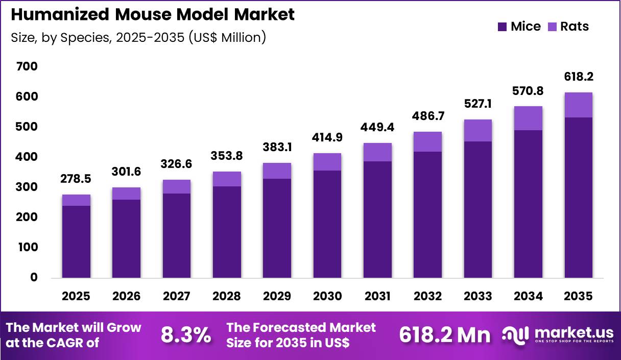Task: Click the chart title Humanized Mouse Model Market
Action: (x=152, y=14)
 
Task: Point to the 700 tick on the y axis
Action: (x=27, y=66)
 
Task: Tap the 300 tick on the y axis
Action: (x=27, y=187)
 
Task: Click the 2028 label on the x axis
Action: (x=227, y=296)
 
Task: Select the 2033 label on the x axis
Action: (x=478, y=296)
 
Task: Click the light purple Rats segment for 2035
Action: (x=579, y=105)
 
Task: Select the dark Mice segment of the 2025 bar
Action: (x=76, y=241)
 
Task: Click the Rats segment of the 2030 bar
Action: (x=327, y=162)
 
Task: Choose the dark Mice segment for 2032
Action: (x=428, y=214)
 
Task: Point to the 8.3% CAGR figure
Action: (x=186, y=335)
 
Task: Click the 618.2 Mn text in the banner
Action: (x=444, y=335)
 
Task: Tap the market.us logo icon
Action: (x=516, y=335)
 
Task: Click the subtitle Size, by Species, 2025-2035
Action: (x=138, y=37)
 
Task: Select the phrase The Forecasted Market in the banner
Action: (x=301, y=327)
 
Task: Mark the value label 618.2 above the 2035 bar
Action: (x=579, y=77)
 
